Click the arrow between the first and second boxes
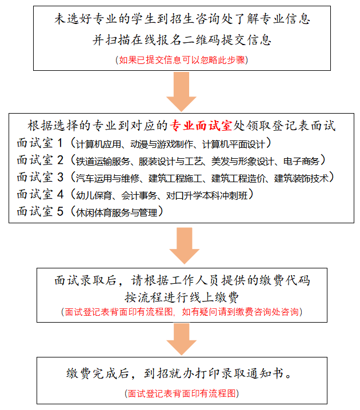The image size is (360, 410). (181, 91)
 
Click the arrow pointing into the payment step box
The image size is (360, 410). (184, 246)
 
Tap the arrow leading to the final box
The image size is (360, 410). (181, 339)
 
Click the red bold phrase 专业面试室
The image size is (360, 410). (201, 126)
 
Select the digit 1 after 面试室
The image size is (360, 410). (60, 143)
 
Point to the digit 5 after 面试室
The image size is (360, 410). (60, 211)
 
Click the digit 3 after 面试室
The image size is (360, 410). (60, 177)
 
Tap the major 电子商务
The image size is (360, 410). (301, 161)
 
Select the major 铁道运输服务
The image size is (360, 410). (103, 161)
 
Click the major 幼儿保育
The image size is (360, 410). (94, 195)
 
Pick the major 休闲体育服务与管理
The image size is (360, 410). (117, 212)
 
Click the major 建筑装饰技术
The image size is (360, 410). (301, 178)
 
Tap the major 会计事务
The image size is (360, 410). (139, 195)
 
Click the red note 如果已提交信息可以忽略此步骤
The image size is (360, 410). (182, 60)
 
